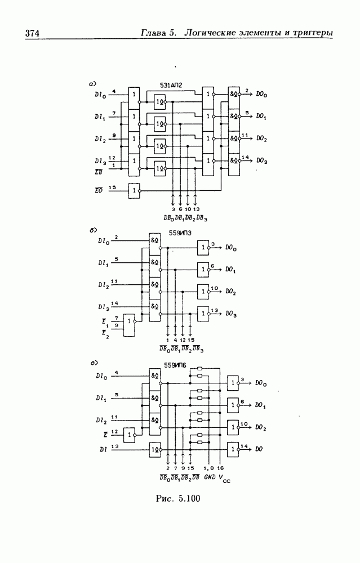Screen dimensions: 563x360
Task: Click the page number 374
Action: [32, 34]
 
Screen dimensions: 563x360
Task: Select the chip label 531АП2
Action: [171, 85]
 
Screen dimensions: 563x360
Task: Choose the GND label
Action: [208, 477]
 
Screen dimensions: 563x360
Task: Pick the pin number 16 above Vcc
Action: [220, 468]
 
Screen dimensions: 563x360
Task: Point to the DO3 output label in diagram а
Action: [261, 160]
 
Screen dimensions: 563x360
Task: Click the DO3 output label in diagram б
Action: [231, 313]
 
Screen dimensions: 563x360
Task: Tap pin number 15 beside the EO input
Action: [113, 187]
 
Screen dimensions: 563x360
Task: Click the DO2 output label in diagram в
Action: [260, 427]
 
